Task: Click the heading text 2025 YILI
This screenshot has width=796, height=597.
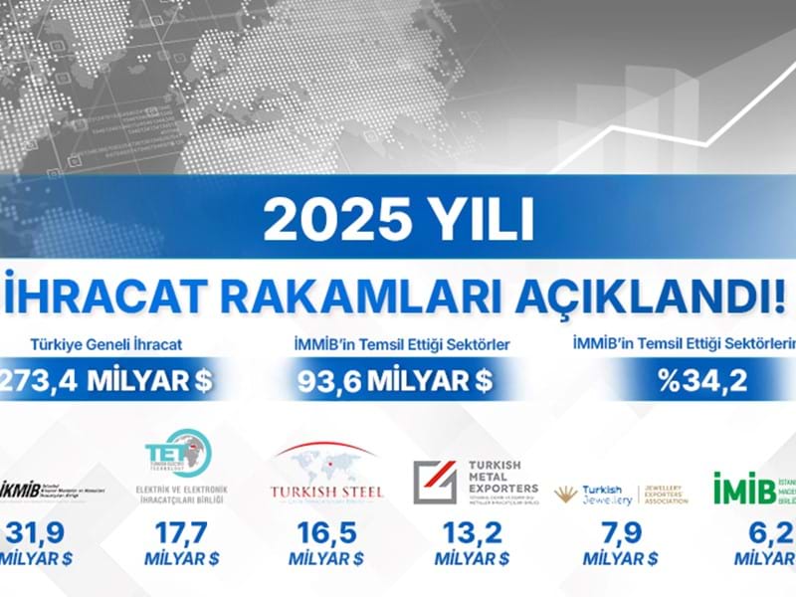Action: coord(399,220)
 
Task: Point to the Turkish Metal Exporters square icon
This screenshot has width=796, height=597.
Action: coord(435,482)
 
